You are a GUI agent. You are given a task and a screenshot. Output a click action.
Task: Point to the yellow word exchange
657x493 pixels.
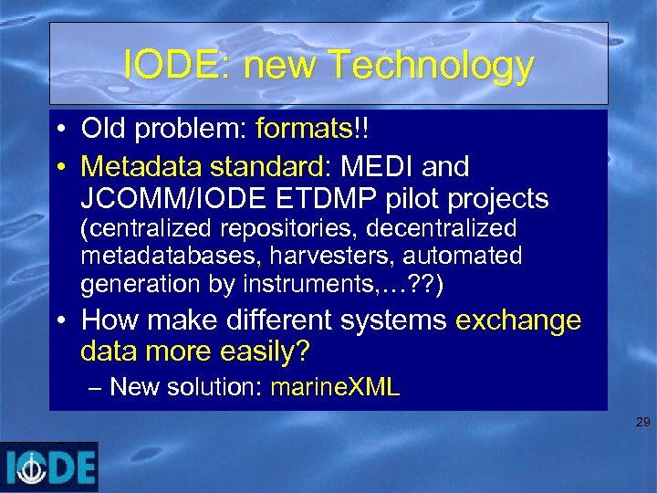(517, 320)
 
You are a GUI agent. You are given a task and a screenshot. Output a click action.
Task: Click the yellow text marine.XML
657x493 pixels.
(335, 386)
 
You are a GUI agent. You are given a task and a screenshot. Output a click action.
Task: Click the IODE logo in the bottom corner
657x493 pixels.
(49, 467)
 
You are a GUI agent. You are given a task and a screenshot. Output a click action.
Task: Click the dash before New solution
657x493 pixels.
(98, 386)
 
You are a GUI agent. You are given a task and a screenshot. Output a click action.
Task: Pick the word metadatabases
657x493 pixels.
(151, 256)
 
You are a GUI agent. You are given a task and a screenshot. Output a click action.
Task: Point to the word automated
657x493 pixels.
(466, 256)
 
